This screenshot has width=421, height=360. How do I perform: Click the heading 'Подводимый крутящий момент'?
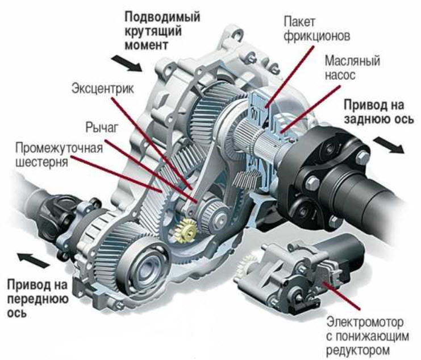pyautogui.click(x=162, y=30)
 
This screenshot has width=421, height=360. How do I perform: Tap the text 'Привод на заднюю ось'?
pyautogui.click(x=376, y=112)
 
